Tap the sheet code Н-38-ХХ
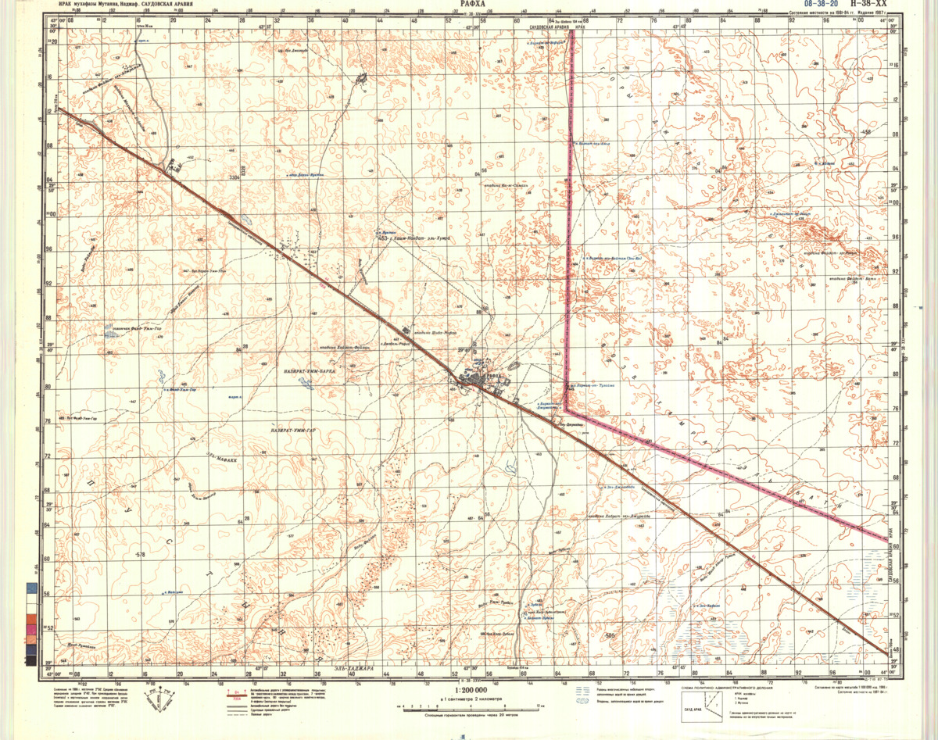(x=866, y=5)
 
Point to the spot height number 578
(x=141, y=555)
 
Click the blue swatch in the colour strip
(x=30, y=586)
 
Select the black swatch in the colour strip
(x=30, y=661)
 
